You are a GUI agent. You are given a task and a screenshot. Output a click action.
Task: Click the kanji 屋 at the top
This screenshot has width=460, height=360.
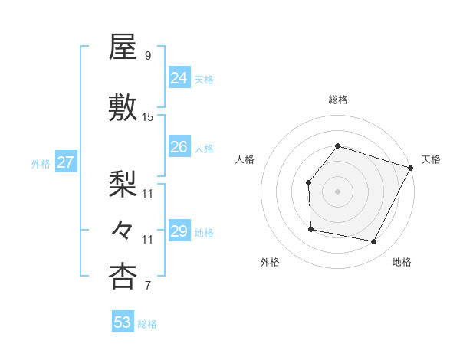[123, 47]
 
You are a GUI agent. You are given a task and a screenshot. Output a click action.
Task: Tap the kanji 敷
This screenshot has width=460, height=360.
[123, 107]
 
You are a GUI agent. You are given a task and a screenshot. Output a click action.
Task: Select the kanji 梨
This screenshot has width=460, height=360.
[123, 184]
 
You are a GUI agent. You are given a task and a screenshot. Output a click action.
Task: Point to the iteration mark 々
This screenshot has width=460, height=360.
[123, 229]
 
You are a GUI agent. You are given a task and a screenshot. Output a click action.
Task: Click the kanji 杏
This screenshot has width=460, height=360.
[123, 277]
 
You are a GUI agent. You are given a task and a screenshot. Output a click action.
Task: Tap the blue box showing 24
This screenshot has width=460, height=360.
[179, 77]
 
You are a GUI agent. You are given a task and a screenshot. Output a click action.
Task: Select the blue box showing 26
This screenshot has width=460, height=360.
[179, 147]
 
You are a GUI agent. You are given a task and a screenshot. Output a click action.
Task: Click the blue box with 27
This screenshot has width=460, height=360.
[66, 162]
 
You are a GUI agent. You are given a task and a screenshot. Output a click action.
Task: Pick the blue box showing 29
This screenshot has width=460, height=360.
[179, 231]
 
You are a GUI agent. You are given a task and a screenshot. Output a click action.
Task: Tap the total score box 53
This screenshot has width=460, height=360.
[123, 322]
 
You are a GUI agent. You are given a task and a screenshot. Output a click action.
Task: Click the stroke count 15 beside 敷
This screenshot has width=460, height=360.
[148, 117]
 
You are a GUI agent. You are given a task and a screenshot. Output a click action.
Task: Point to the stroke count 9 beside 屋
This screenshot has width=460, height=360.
[147, 56]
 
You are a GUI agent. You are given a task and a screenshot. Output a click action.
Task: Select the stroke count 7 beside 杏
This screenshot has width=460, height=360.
[147, 286]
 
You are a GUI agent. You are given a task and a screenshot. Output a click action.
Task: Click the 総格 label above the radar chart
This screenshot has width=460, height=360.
[338, 100]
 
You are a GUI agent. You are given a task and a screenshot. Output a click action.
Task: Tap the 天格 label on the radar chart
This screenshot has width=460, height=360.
[431, 159]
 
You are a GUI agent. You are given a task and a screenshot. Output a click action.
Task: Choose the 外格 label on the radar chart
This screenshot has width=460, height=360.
[270, 262]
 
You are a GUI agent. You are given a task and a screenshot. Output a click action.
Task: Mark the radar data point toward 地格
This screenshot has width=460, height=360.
[373, 242]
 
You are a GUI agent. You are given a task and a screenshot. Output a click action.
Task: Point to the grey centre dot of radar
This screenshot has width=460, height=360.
[338, 191]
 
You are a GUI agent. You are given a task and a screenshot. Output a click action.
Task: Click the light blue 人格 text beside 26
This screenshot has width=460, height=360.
[204, 148]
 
